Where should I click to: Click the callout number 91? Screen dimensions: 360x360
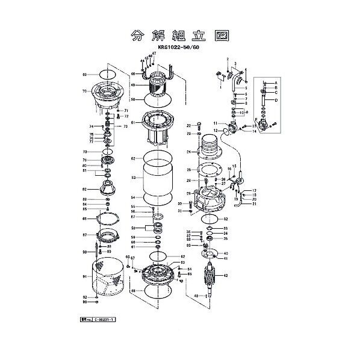[x=85, y=277]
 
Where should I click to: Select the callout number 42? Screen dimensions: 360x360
[x=225, y=275]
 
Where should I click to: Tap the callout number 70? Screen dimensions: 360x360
[x=85, y=92]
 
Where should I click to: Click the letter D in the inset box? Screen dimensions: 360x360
[x=276, y=101]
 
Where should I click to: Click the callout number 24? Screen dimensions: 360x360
[x=188, y=152]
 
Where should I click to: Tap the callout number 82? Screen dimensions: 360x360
[x=85, y=189]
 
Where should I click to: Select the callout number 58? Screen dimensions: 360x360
[x=133, y=228]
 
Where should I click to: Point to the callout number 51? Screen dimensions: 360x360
[x=133, y=122]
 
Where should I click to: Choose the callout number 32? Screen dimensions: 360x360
[x=226, y=219]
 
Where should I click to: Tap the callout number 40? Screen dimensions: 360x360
[x=226, y=253]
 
